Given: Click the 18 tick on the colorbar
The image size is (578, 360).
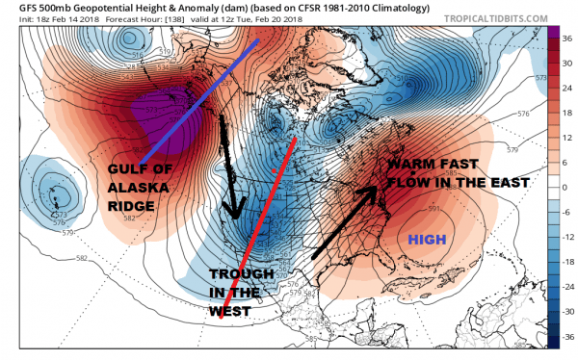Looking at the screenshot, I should click(567, 113).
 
